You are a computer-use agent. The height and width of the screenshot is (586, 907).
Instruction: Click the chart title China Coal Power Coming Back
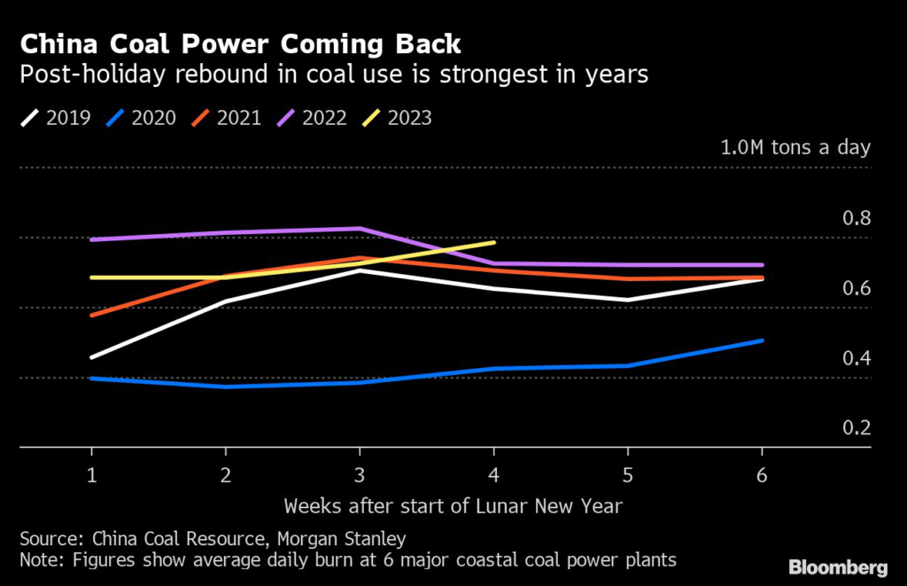(x=240, y=43)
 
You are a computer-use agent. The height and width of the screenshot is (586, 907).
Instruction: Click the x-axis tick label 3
(x=360, y=475)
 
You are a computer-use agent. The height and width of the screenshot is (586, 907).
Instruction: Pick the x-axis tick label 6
(x=762, y=475)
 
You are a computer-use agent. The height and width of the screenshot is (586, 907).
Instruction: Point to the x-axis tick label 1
(x=91, y=475)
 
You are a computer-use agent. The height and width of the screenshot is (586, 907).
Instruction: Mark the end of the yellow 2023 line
(x=493, y=241)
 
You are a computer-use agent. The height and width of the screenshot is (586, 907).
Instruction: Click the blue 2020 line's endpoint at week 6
(x=763, y=340)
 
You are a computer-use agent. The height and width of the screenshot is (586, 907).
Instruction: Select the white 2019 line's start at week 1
(x=92, y=357)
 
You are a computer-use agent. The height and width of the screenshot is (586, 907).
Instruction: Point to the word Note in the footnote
(x=39, y=559)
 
